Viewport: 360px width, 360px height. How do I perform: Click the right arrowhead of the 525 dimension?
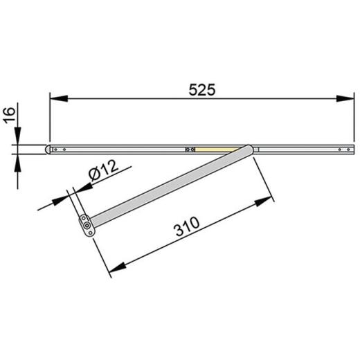[x=345, y=99]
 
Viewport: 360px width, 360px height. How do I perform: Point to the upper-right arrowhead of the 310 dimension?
[x=262, y=201]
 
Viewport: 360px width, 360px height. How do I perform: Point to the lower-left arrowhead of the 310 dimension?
[x=116, y=267]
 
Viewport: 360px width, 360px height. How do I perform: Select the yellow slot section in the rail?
[x=215, y=148]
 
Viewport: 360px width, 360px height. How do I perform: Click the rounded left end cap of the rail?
[x=49, y=148]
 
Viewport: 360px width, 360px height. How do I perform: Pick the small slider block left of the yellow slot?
[x=186, y=148]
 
